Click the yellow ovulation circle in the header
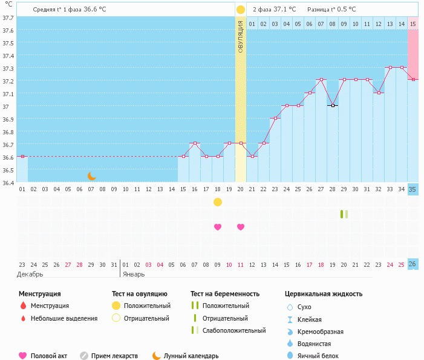click(x=241, y=9)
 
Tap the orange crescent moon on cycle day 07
click(x=92, y=176)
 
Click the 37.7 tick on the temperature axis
click(x=8, y=18)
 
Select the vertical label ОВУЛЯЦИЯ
click(x=241, y=36)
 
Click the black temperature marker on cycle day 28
click(x=332, y=105)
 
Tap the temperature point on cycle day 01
click(x=22, y=156)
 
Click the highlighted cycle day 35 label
click(x=413, y=189)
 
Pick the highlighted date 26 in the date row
click(x=413, y=264)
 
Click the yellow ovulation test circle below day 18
click(x=218, y=201)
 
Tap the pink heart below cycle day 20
click(x=241, y=227)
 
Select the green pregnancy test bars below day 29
click(x=344, y=214)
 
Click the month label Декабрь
click(x=30, y=274)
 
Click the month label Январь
click(x=134, y=274)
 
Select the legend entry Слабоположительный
click(x=234, y=330)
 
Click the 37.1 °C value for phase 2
click(x=283, y=9)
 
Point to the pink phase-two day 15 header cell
click(x=413, y=24)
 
